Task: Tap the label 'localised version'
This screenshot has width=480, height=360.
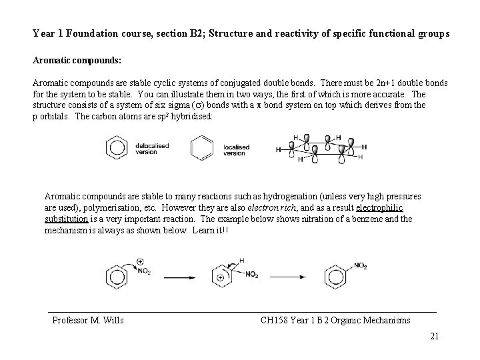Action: coord(235,149)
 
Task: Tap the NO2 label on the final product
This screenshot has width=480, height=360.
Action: coord(360,266)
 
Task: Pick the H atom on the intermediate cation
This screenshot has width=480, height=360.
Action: coord(241,260)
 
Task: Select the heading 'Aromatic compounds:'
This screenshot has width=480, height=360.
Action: coord(77,60)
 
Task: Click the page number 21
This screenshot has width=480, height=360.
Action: coord(434,336)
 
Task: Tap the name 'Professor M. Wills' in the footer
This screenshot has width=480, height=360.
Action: coord(88,320)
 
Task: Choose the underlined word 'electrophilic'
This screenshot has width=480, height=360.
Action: coord(397,207)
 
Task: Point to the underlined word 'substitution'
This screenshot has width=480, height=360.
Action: coord(66,219)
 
